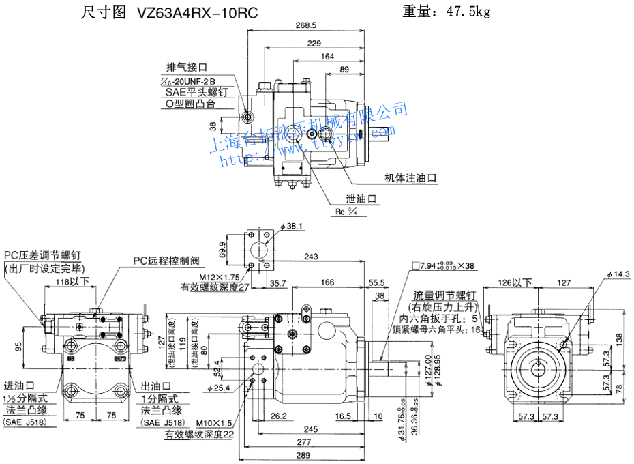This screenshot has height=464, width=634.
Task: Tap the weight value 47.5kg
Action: point(467,11)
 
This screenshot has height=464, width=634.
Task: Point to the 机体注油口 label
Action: point(410,178)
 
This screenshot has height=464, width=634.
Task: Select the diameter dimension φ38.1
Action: point(290,226)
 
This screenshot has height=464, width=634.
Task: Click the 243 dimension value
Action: point(312,257)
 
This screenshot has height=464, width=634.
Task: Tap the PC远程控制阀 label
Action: point(166,261)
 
